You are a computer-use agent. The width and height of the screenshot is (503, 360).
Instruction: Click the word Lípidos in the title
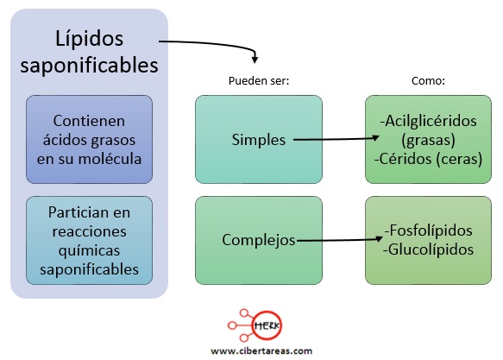coord(89,39)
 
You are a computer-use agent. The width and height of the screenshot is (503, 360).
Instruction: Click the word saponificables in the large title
coord(89,66)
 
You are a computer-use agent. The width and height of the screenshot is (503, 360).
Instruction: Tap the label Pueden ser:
coord(259,81)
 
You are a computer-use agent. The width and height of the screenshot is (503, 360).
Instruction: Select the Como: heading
coord(428,81)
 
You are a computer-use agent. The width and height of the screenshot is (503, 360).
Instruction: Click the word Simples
coord(259,140)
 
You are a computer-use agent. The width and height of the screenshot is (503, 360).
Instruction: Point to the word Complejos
coord(259,240)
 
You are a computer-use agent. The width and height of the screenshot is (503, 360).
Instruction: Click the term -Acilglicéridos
coord(428,121)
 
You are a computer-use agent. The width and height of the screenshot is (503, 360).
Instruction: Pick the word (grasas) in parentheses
coord(428,140)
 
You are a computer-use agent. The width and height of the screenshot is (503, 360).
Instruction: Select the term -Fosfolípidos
coord(428,231)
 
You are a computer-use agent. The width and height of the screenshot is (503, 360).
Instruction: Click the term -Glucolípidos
coord(428,249)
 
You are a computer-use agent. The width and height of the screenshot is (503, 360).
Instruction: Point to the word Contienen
coord(89,121)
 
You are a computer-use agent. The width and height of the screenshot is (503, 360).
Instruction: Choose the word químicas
coord(89,250)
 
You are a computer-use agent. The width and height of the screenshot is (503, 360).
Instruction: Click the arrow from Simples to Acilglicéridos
coord(336,139)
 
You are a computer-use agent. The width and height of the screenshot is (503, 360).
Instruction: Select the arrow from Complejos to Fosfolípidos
coord(340,240)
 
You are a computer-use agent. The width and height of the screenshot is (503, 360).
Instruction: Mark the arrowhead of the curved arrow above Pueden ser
coord(255,60)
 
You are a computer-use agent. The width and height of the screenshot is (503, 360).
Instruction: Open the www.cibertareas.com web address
coord(261,351)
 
